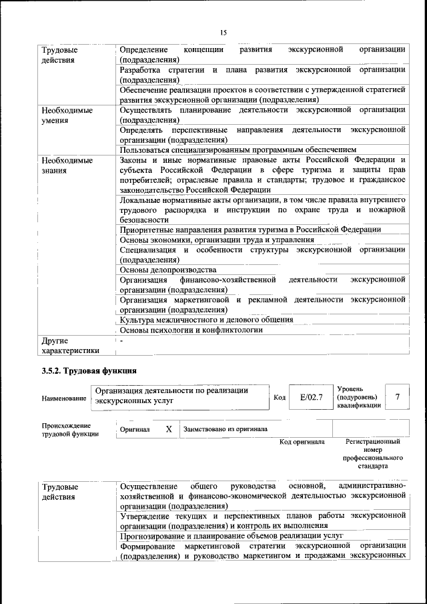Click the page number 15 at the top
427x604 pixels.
tap(223, 33)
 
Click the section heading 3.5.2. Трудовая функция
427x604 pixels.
tap(89, 369)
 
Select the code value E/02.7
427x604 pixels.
tap(311, 397)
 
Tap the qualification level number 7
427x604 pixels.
tap(398, 397)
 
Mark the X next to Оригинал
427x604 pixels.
tap(169, 429)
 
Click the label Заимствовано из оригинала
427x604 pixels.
tap(226, 429)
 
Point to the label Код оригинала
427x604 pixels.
tap(302, 442)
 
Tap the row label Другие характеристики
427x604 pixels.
tap(70, 345)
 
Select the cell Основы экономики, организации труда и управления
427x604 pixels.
tap(217, 240)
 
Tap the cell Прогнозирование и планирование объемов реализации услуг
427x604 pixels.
tap(231, 535)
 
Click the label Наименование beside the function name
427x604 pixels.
tap(64, 398)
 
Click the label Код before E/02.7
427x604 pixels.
tap(280, 398)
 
